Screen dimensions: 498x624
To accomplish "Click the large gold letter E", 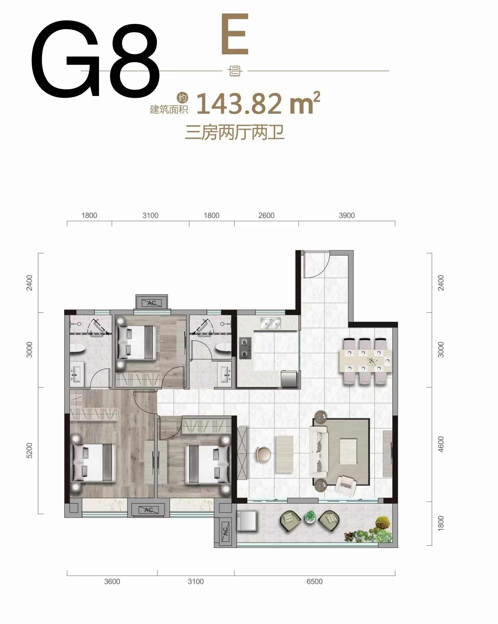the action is pyautogui.click(x=235, y=34).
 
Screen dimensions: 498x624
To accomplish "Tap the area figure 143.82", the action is pyautogui.click(x=239, y=104).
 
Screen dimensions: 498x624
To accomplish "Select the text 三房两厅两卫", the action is pyautogui.click(x=235, y=132).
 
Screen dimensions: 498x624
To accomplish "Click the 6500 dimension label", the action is pyautogui.click(x=315, y=581).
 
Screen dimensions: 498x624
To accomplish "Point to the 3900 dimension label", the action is pyautogui.click(x=347, y=215).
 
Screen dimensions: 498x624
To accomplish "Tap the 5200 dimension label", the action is pyautogui.click(x=29, y=450).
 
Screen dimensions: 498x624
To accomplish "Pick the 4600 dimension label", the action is pyautogui.click(x=441, y=444).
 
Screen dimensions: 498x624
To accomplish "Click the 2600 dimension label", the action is pyautogui.click(x=266, y=215).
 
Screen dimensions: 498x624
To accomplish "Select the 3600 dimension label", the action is pyautogui.click(x=112, y=581).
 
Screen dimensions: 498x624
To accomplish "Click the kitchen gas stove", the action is pyautogui.click(x=245, y=348).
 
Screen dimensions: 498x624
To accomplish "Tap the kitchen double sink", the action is pyautogui.click(x=270, y=323).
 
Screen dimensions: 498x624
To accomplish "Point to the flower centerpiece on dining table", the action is pyautogui.click(x=372, y=361).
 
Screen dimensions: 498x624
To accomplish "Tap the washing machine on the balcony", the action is pyautogui.click(x=246, y=520).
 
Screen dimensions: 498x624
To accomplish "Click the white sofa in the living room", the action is pyautogui.click(x=319, y=451).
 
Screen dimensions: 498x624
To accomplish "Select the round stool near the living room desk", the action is pyautogui.click(x=263, y=454).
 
